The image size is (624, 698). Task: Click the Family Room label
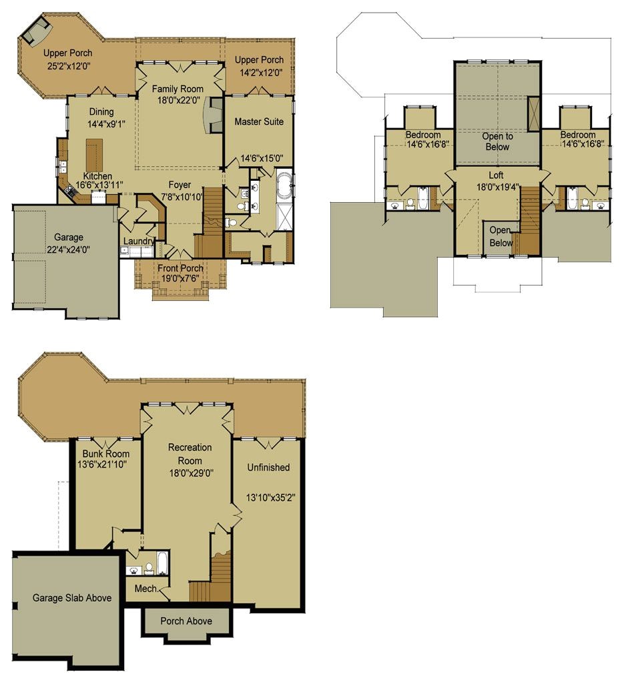click(x=178, y=89)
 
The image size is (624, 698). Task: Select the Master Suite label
click(x=259, y=122)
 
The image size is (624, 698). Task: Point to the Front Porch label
click(x=180, y=269)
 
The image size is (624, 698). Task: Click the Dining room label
click(x=101, y=112)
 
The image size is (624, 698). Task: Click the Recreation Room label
click(x=190, y=454)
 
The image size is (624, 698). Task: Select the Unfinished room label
click(x=269, y=468)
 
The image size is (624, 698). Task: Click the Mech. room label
click(x=146, y=589)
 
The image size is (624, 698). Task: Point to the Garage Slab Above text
click(x=72, y=598)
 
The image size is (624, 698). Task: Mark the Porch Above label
click(x=186, y=621)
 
